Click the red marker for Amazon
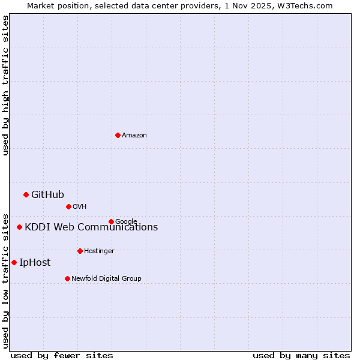(x=118, y=135)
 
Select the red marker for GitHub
(x=26, y=194)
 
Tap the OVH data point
(x=68, y=206)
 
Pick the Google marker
(x=111, y=221)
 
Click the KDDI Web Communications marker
(x=19, y=227)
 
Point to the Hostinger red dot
(x=80, y=251)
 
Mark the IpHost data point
(x=14, y=262)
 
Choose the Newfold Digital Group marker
(x=67, y=278)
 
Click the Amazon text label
(x=134, y=136)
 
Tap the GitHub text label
(x=47, y=194)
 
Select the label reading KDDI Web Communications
(x=91, y=227)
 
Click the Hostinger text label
(x=99, y=251)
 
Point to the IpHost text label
(x=35, y=262)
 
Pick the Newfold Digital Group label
(x=106, y=278)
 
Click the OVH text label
(x=80, y=207)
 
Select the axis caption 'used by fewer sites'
(x=62, y=355)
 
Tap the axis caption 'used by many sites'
(x=301, y=355)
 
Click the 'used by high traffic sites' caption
(x=5, y=86)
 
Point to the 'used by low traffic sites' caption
(x=5, y=281)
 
